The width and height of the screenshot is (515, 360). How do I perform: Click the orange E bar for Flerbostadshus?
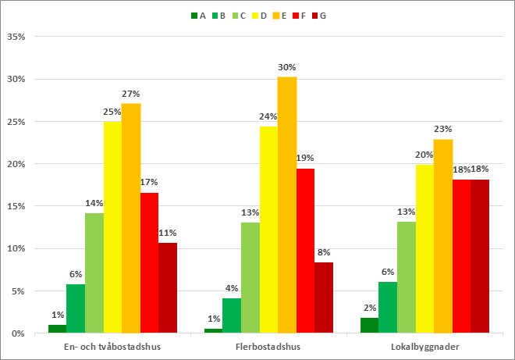pyautogui.click(x=287, y=205)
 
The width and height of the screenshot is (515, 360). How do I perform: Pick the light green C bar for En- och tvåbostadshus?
pyautogui.click(x=94, y=273)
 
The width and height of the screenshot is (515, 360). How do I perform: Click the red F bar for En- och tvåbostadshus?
pyautogui.click(x=150, y=262)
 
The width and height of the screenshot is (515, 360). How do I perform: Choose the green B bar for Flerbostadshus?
pyautogui.click(x=232, y=315)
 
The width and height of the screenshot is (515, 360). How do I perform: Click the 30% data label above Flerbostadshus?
pyautogui.click(x=287, y=67)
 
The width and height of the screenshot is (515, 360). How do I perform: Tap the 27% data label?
pyautogui.click(x=131, y=94)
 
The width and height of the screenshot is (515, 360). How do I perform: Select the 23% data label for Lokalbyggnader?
pyautogui.click(x=443, y=130)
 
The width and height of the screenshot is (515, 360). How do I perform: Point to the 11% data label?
pyautogui.click(x=168, y=233)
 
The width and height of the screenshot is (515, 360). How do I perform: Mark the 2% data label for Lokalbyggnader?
pyautogui.click(x=369, y=308)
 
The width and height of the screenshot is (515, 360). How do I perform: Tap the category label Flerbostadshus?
pyautogui.click(x=268, y=346)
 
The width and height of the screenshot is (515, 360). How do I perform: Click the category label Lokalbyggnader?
pyautogui.click(x=424, y=346)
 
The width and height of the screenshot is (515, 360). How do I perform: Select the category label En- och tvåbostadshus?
pyautogui.click(x=112, y=346)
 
